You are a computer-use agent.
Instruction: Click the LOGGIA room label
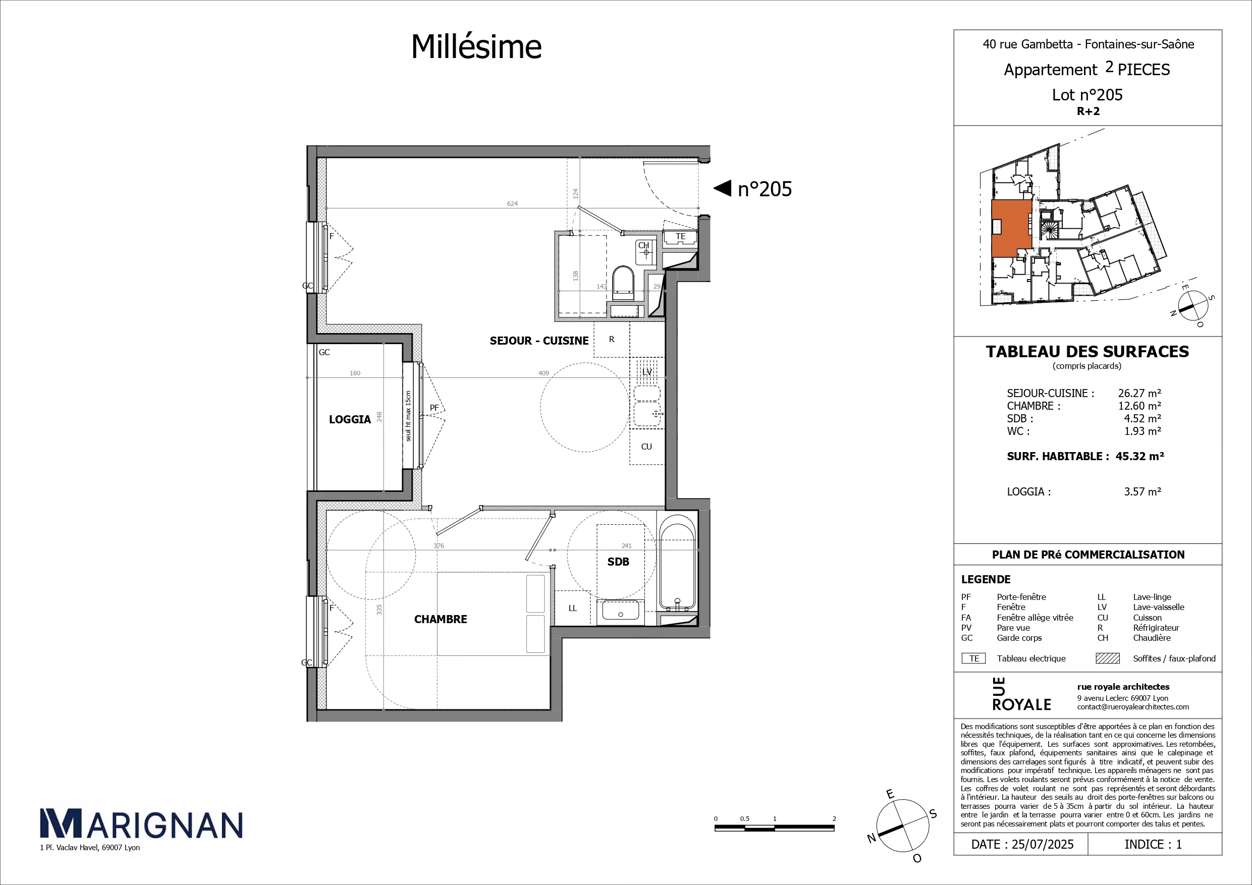350,419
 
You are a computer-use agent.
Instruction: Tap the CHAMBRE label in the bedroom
441,620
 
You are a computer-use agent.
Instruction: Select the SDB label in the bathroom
618,562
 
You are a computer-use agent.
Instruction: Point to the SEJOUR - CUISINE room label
539,341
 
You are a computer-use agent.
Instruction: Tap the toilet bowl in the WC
623,283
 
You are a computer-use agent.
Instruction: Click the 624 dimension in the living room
513,203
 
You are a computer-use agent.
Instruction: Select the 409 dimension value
543,373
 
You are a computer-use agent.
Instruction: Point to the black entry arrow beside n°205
723,188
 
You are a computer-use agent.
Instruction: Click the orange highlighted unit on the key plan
1011,228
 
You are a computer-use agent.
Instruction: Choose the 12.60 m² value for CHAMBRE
1139,406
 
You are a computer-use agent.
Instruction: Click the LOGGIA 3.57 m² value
1142,491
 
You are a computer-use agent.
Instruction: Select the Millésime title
476,46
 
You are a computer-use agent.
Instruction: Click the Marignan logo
141,823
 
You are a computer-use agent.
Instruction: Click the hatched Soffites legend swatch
1108,658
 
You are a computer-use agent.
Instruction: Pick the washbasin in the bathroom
621,612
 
